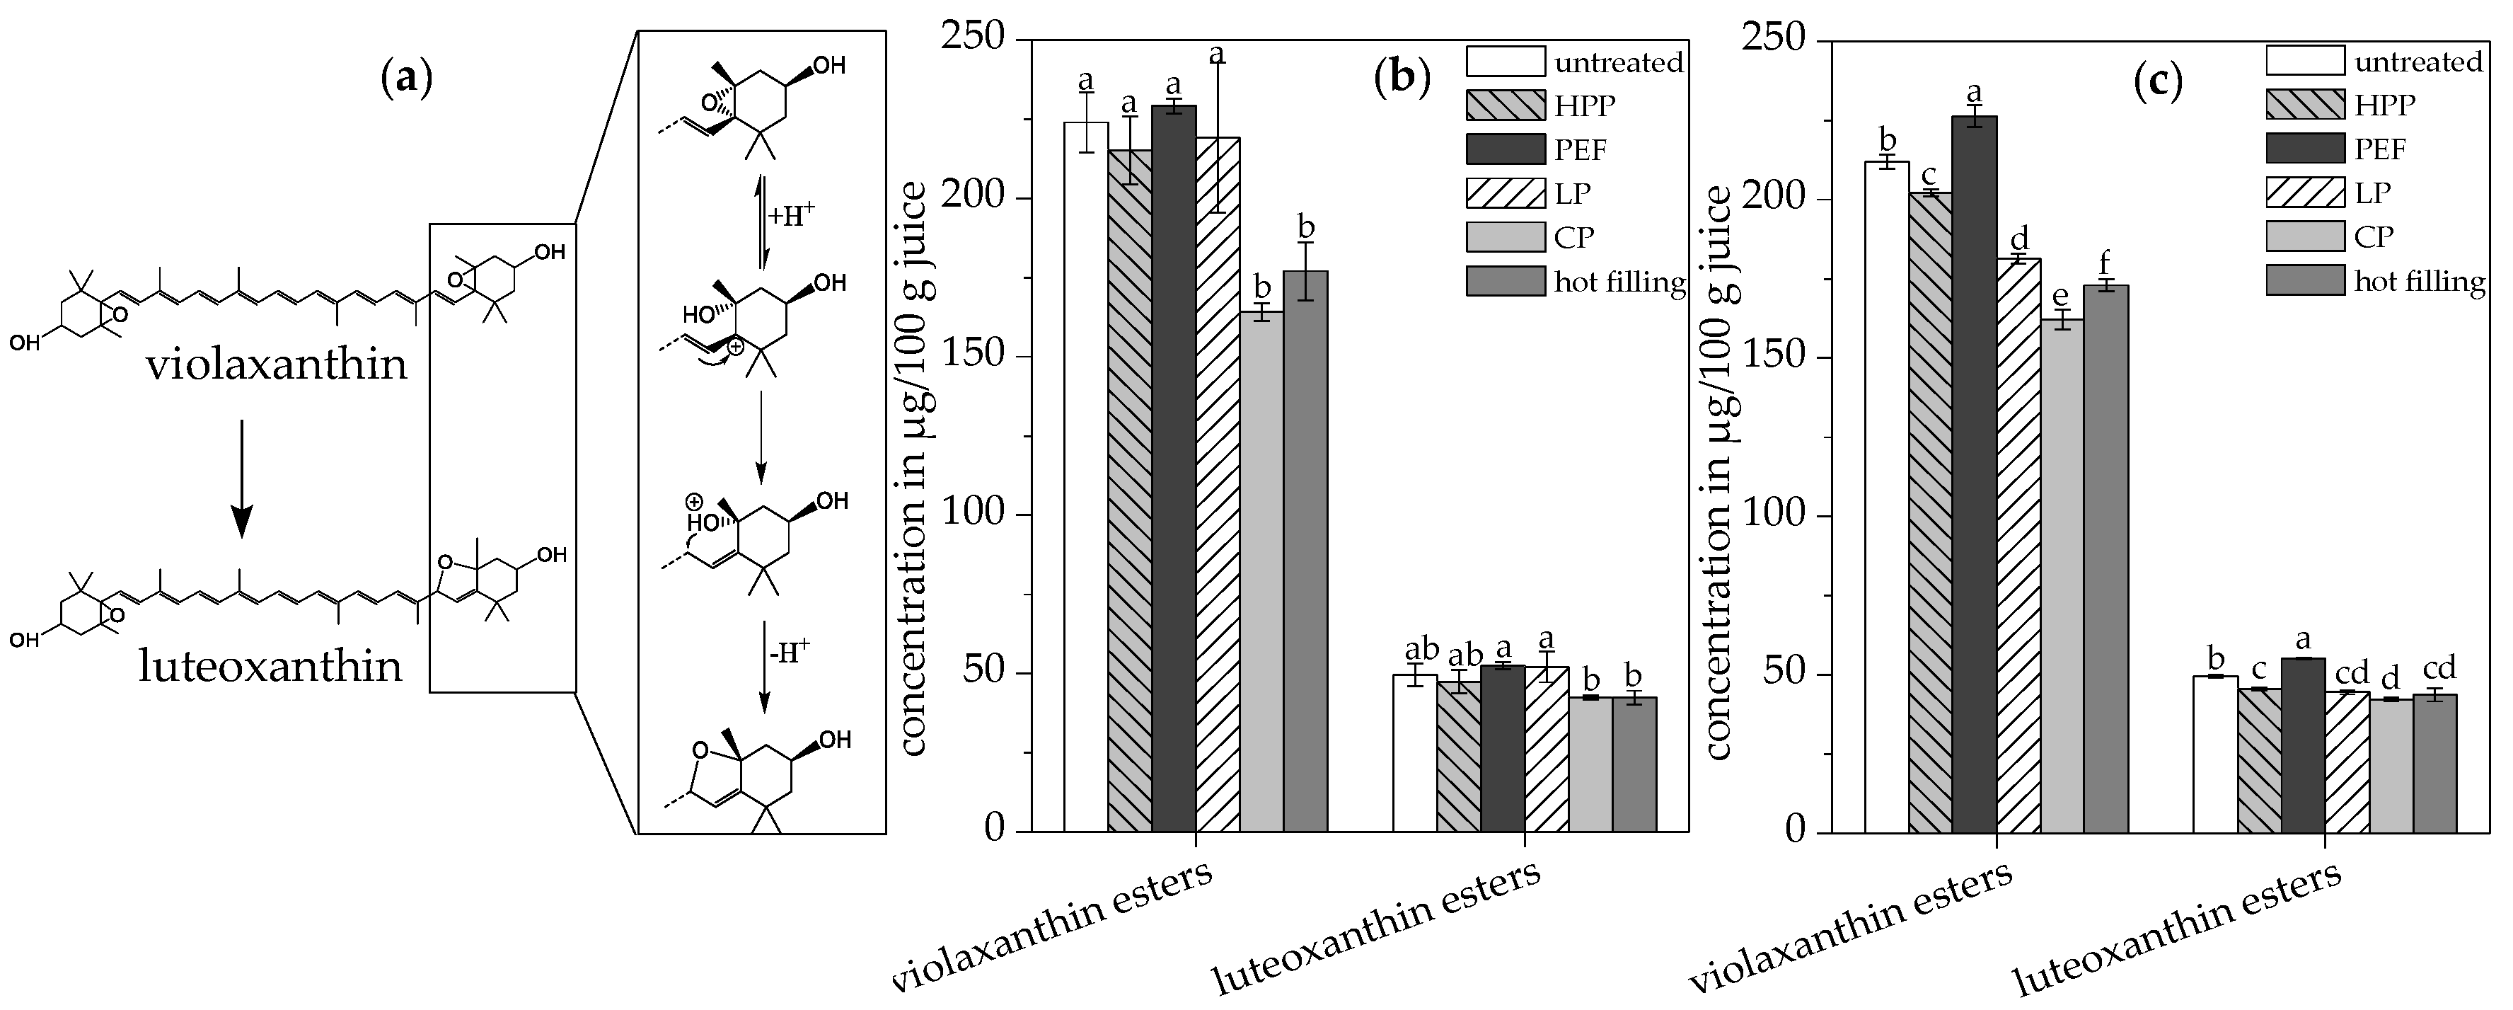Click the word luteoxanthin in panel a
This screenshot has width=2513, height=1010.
point(270,667)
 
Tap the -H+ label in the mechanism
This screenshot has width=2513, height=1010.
point(790,653)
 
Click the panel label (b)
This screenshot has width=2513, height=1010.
point(1402,78)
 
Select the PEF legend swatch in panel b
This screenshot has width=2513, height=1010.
point(1506,149)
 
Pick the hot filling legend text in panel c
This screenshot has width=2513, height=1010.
point(2420,282)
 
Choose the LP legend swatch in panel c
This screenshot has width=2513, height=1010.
point(2304,193)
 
